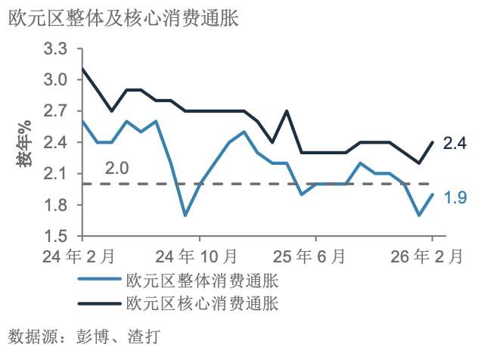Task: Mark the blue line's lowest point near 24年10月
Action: point(185,216)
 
